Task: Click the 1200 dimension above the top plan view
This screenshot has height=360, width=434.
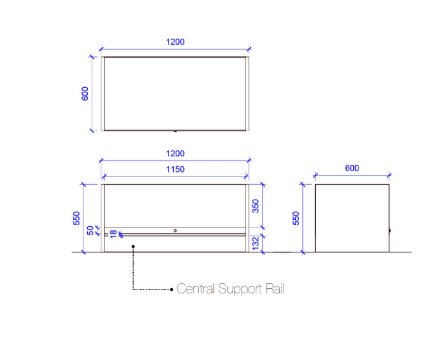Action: tap(175, 42)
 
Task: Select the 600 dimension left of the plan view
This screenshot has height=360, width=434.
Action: tap(85, 94)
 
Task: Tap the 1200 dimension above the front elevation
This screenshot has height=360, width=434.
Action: tap(175, 154)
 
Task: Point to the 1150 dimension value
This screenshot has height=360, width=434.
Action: tap(175, 169)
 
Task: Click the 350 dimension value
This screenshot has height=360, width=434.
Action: tap(255, 206)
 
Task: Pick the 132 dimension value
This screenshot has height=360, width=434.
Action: tap(256, 243)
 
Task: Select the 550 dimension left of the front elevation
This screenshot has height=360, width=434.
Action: tap(77, 218)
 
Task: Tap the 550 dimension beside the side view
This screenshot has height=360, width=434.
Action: tap(296, 218)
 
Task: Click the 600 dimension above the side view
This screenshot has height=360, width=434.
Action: tap(352, 168)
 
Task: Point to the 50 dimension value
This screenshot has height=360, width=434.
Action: tap(90, 230)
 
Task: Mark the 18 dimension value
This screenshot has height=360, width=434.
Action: tap(114, 234)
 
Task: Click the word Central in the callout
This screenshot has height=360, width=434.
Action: tap(195, 289)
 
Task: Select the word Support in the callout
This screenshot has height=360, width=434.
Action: tap(240, 289)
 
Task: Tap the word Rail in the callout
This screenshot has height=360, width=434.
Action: tap(275, 289)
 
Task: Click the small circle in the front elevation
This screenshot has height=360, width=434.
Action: tap(175, 230)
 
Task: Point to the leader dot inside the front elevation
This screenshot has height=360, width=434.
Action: tap(133, 247)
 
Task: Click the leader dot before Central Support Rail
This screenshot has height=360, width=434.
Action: tap(172, 289)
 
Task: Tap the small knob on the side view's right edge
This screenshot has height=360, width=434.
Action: tap(390, 230)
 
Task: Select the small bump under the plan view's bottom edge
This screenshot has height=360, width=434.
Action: tap(175, 131)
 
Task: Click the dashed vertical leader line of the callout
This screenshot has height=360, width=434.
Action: tap(133, 268)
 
